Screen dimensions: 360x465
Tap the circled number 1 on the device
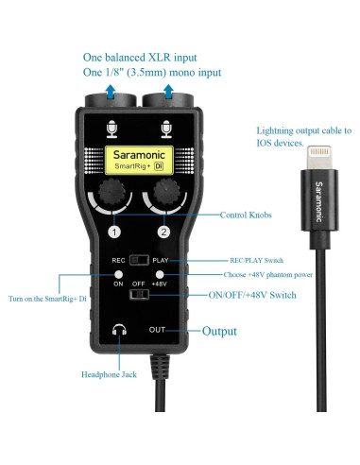pos(114,232)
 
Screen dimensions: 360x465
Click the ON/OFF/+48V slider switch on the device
pos(141,295)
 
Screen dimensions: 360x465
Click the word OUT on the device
pos(159,331)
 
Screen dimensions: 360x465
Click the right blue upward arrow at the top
pos(170,90)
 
